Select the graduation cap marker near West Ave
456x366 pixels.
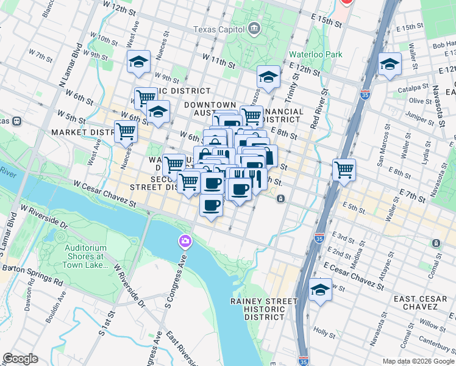(139, 62)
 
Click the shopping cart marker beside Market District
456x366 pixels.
(126, 131)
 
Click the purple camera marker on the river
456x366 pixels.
(185, 242)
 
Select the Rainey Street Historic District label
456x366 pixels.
(264, 309)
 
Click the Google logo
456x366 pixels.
(20, 359)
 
